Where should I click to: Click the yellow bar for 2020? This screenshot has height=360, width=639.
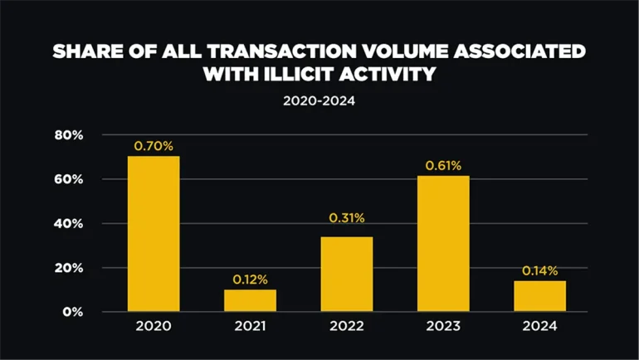(154, 234)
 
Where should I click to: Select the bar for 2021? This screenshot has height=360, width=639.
(250, 300)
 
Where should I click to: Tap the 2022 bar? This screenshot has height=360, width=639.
(347, 274)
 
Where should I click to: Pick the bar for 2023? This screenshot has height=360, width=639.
(443, 243)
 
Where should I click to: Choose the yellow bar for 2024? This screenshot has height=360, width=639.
(539, 296)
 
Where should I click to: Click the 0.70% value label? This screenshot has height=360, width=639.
(154, 146)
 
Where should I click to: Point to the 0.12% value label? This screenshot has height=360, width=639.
(250, 279)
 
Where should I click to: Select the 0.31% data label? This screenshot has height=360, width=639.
(347, 218)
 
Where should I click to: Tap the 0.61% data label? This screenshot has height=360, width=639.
(443, 166)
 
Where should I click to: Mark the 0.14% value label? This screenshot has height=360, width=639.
(539, 270)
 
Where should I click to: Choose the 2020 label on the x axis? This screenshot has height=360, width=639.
(154, 327)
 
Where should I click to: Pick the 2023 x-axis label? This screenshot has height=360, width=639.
(443, 327)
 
